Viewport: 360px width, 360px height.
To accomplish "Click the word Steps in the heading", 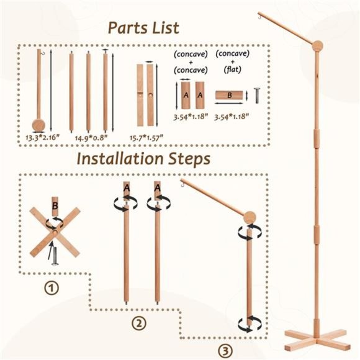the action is pyautogui.click(x=189, y=159).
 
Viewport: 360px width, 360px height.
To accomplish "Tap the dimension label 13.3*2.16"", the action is pyautogui.click(x=42, y=138).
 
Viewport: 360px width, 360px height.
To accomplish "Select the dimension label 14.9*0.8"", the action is pyautogui.click(x=91, y=138).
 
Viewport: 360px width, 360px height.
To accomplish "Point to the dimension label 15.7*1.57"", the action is pyautogui.click(x=146, y=138).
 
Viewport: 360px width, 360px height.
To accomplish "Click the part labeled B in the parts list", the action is pyautogui.click(x=229, y=95).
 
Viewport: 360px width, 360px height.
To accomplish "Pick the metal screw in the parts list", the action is pyautogui.click(x=257, y=96).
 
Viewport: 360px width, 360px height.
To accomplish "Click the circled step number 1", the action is pyautogui.click(x=52, y=287).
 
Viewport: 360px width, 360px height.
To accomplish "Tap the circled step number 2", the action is pyautogui.click(x=138, y=323).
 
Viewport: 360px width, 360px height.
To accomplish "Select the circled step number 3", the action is pyautogui.click(x=225, y=351).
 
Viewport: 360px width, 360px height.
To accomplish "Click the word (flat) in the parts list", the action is pyautogui.click(x=232, y=69).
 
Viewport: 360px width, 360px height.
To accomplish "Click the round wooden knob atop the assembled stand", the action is pyautogui.click(x=318, y=46).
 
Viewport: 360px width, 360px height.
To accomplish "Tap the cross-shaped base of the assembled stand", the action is pyautogui.click(x=318, y=340).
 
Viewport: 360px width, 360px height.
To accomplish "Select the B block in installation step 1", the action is pyautogui.click(x=55, y=206).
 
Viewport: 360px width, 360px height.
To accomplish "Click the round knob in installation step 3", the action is pyautogui.click(x=250, y=217).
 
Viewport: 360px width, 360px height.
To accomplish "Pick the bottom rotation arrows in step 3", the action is pyautogui.click(x=250, y=324).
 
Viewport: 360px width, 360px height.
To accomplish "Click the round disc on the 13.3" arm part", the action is pyautogui.click(x=38, y=125).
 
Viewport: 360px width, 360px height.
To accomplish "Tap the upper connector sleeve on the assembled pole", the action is pyautogui.click(x=317, y=138).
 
